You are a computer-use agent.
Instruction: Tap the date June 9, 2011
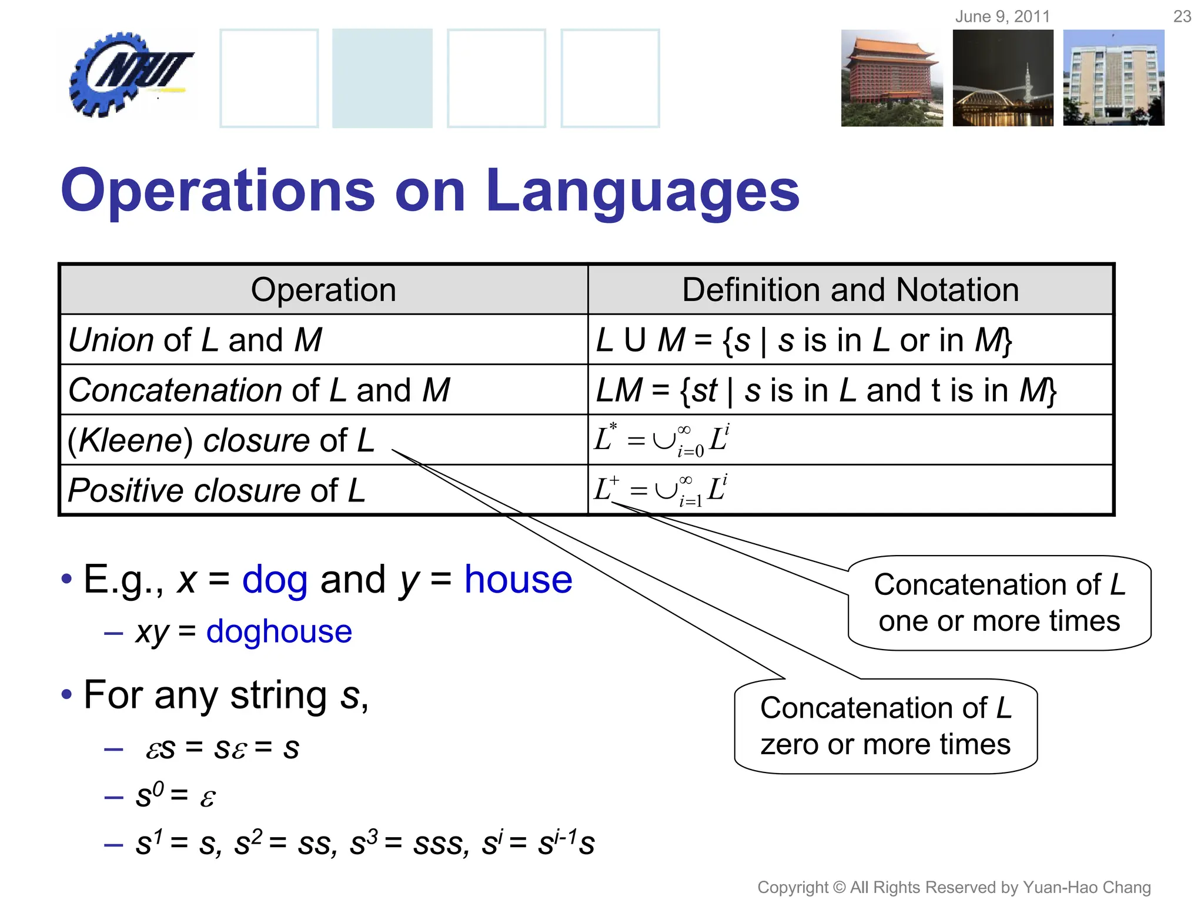click(1002, 16)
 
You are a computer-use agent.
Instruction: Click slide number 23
click(1182, 16)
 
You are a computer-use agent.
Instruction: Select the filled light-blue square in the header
click(382, 78)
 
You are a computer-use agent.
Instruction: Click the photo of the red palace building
click(891, 78)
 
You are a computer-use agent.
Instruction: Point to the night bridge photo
click(1002, 78)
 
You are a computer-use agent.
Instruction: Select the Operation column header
click(323, 290)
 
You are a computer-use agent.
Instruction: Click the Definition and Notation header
click(850, 290)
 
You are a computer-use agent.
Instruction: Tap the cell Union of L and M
click(195, 340)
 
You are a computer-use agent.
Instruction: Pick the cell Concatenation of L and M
click(259, 390)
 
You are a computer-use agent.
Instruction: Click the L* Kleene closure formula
click(661, 440)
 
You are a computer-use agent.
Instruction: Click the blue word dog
click(275, 580)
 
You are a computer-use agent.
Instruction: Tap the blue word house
click(518, 580)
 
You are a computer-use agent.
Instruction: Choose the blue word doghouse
click(279, 631)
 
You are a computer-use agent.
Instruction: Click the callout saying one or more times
click(999, 603)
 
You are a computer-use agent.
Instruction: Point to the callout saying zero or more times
click(885, 726)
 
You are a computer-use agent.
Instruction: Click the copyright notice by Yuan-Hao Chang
click(954, 887)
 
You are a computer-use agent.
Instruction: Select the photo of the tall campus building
click(1113, 78)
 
